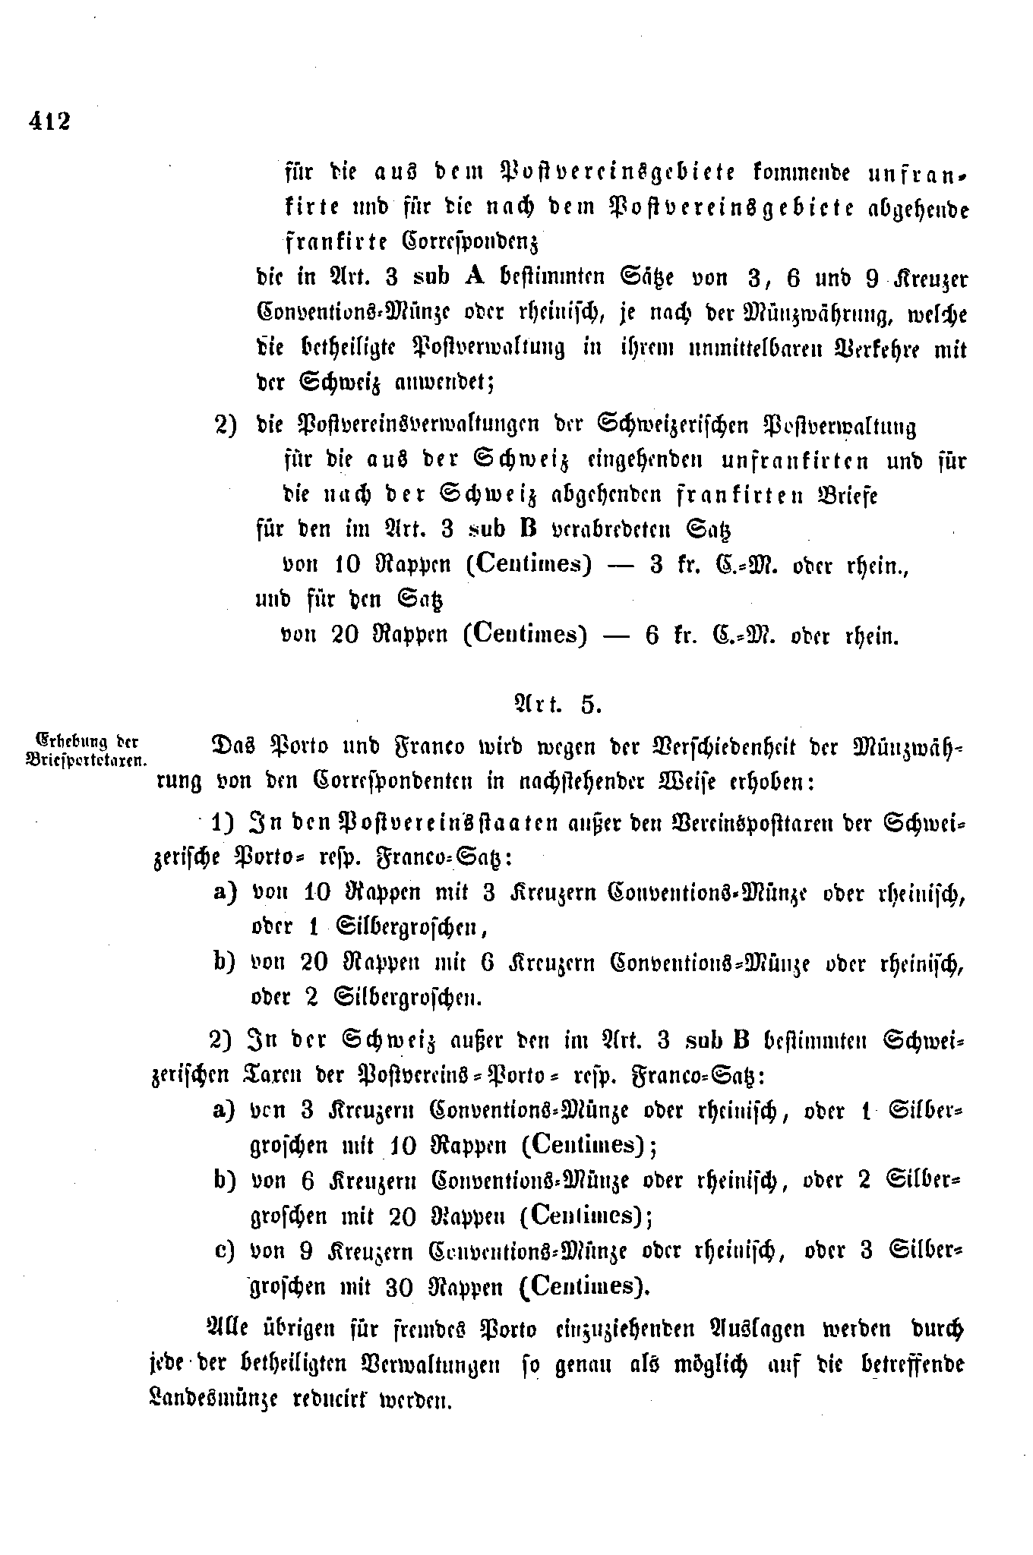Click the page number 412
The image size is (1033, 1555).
[x=49, y=121]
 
